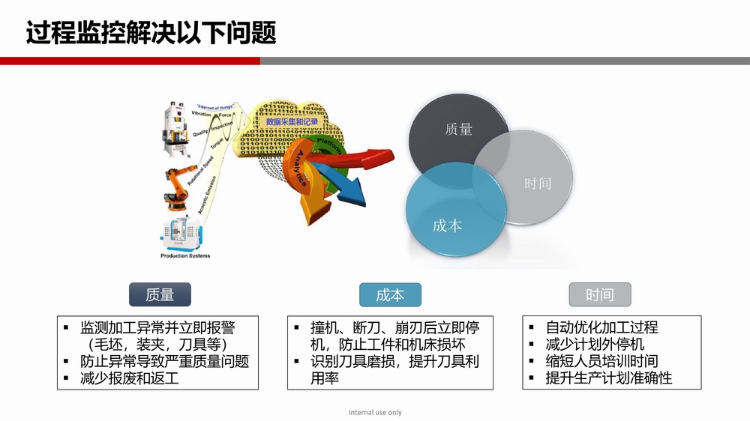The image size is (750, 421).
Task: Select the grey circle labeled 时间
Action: [x=532, y=180]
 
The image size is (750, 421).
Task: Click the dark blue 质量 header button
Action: [x=160, y=294]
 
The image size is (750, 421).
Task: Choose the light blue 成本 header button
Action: [x=389, y=294]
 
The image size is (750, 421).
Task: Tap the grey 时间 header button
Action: [x=599, y=294]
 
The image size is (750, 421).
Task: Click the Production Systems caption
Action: [x=185, y=256]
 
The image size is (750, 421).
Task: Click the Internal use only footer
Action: [x=375, y=413]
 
